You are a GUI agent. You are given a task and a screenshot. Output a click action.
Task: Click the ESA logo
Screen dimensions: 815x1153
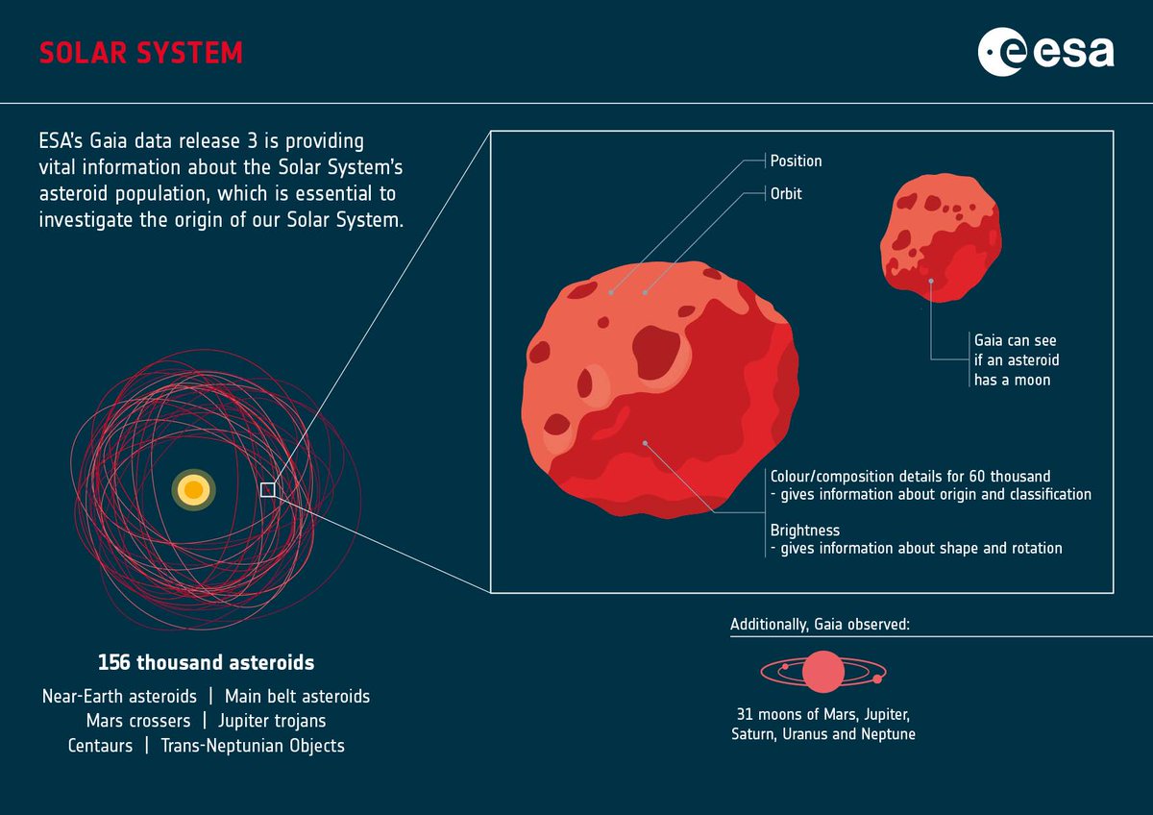pyautogui.click(x=1045, y=52)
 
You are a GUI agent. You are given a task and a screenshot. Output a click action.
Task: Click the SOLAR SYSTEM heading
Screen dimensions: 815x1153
pyautogui.click(x=140, y=53)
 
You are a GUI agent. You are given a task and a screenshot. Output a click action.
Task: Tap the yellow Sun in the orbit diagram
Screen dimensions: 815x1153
pyautogui.click(x=193, y=490)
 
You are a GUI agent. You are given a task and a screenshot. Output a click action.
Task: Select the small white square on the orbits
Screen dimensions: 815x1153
pyautogui.click(x=268, y=490)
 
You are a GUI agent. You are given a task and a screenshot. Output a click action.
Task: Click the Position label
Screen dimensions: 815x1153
pyautogui.click(x=796, y=161)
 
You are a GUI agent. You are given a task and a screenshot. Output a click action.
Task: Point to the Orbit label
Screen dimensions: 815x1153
pyautogui.click(x=786, y=194)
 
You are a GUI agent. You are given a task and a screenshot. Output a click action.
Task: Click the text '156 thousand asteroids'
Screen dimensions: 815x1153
pyautogui.click(x=206, y=663)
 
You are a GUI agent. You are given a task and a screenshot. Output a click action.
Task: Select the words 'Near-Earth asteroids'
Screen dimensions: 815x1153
pyautogui.click(x=120, y=696)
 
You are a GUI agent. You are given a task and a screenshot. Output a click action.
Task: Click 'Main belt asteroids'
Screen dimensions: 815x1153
pyautogui.click(x=297, y=696)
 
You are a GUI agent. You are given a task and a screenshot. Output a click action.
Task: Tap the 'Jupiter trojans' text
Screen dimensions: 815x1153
pyautogui.click(x=272, y=721)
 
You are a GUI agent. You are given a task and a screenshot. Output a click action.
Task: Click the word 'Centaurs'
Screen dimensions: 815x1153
pyautogui.click(x=101, y=746)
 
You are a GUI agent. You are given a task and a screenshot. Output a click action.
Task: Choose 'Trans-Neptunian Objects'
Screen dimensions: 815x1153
pyautogui.click(x=253, y=746)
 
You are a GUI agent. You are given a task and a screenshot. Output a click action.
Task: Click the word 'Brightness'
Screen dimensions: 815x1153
pyautogui.click(x=805, y=530)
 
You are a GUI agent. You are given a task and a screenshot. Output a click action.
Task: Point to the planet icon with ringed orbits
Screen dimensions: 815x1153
pyautogui.click(x=822, y=672)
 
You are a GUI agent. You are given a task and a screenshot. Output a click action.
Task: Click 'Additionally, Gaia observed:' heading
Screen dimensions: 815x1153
pyautogui.click(x=820, y=625)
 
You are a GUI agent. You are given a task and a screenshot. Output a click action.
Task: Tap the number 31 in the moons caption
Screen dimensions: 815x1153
pyautogui.click(x=741, y=715)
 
